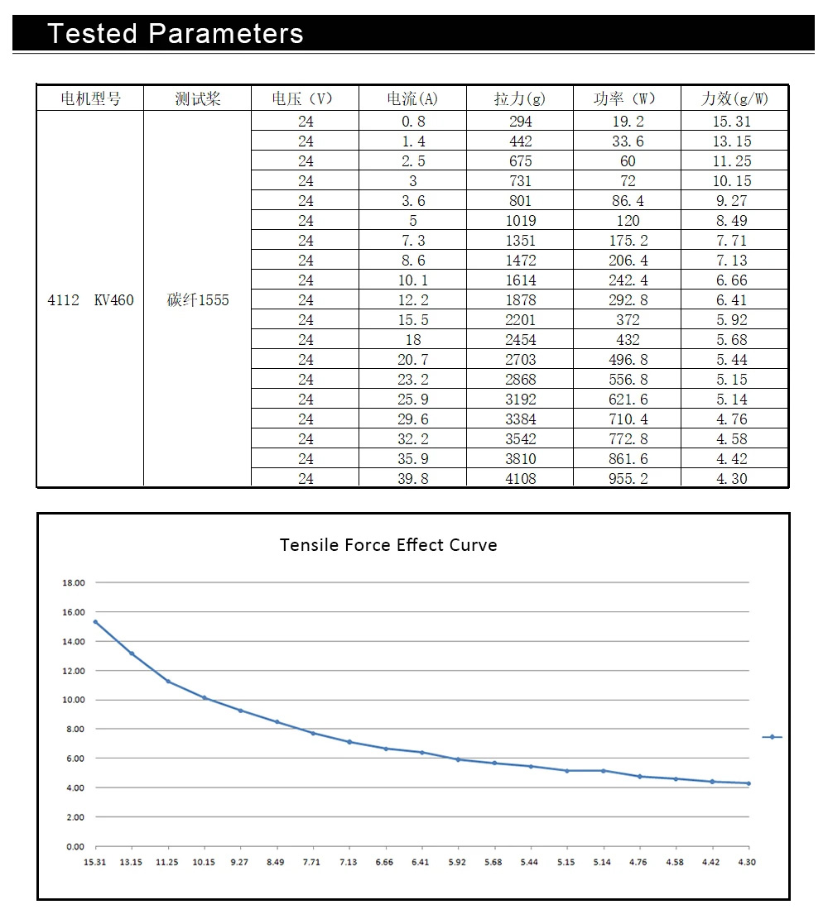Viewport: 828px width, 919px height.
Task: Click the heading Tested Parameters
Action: tap(176, 34)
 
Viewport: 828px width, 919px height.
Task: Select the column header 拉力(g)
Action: tap(520, 98)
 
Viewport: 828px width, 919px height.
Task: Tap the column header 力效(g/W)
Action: tap(734, 98)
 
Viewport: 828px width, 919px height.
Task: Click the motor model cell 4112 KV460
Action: tap(90, 300)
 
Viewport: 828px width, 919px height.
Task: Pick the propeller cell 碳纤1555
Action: tap(198, 300)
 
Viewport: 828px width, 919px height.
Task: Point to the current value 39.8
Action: tap(412, 479)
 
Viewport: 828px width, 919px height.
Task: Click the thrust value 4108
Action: tap(520, 479)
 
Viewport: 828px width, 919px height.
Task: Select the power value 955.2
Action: tap(628, 479)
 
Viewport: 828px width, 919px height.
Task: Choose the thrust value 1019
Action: tap(520, 221)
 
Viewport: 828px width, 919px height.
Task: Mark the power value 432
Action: tap(628, 340)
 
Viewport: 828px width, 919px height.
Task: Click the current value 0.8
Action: tap(412, 122)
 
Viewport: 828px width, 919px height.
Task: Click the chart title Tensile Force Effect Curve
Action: tap(388, 545)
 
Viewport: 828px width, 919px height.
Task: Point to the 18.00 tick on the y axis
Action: tap(74, 583)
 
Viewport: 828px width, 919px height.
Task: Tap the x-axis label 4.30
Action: tap(747, 862)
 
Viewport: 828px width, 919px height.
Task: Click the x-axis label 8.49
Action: tap(276, 862)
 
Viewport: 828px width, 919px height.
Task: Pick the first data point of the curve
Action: tap(95, 622)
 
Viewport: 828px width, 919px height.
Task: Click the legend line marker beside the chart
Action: tap(772, 737)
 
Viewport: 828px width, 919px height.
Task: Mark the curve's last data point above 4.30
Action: tap(749, 783)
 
